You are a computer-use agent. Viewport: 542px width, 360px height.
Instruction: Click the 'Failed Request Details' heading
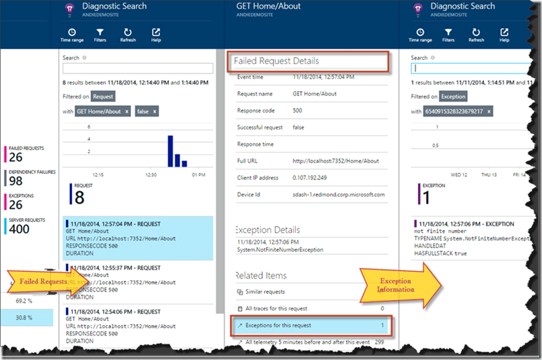(x=276, y=61)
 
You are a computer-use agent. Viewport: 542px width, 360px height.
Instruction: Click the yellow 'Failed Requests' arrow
(x=40, y=280)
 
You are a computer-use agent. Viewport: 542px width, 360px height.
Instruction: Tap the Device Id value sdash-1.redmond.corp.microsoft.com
(x=338, y=194)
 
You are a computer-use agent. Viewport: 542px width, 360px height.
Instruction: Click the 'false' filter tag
(x=146, y=111)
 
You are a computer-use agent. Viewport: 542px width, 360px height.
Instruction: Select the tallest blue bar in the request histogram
(x=170, y=150)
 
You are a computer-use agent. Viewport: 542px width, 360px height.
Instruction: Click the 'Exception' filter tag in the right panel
(x=453, y=97)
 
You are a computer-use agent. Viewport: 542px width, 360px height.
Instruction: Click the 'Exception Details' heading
(x=267, y=230)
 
